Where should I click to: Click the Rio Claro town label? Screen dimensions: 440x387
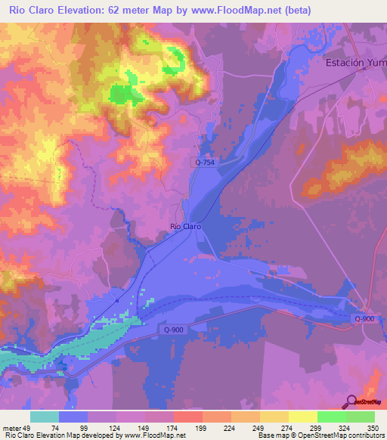tap(185, 226)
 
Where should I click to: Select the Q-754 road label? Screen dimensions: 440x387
tap(202, 163)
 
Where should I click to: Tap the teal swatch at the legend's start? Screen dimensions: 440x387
tap(45, 417)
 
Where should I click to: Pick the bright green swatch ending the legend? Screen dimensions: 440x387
tap(360, 417)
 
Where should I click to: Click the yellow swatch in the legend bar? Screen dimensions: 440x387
tap(302, 417)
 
